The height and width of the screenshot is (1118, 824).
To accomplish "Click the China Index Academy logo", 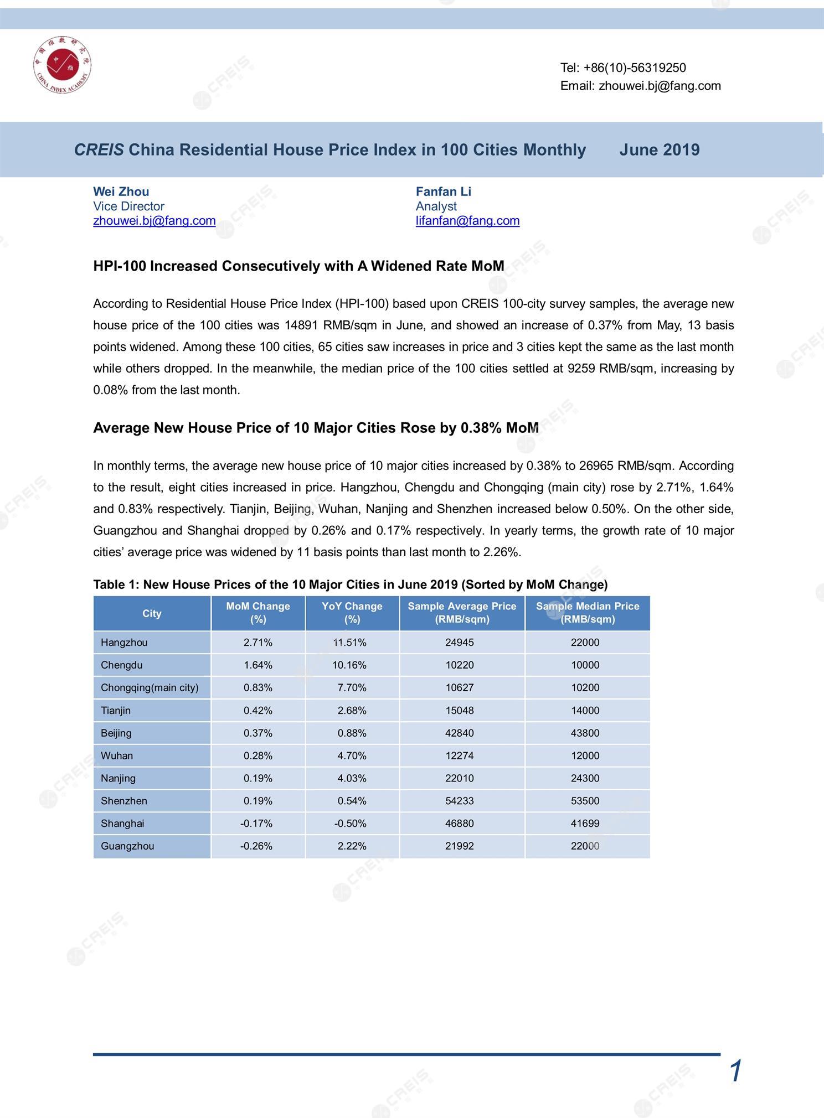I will click(x=62, y=66).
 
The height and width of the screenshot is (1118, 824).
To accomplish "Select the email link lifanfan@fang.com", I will click(x=467, y=221).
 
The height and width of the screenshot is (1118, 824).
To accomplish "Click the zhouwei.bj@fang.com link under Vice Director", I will click(x=154, y=221).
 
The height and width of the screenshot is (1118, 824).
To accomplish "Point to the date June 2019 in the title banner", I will click(x=659, y=150).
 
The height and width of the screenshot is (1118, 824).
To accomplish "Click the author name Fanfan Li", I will click(x=443, y=191).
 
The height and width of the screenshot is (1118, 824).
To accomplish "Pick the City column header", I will click(x=152, y=613).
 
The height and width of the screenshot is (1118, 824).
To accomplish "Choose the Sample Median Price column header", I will click(x=587, y=613).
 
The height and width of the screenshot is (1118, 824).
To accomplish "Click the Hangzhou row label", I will click(x=124, y=643).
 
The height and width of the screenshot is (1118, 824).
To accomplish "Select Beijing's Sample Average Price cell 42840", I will click(x=459, y=733).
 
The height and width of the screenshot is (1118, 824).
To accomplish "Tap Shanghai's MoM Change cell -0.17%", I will click(x=256, y=824).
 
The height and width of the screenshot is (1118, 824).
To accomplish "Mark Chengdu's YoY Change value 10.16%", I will click(x=349, y=665).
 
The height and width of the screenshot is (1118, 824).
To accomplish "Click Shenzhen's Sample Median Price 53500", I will click(x=585, y=801).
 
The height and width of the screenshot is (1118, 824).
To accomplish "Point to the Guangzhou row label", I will click(x=127, y=846).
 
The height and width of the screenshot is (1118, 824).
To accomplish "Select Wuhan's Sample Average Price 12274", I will click(x=459, y=756).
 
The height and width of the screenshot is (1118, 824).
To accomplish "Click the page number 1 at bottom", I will click(x=735, y=1072).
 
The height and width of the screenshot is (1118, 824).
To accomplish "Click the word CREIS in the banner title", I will click(x=99, y=150).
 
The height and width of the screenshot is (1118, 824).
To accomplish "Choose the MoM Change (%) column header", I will click(x=257, y=613).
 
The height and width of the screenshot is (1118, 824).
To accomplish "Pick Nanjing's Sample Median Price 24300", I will click(x=585, y=778).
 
